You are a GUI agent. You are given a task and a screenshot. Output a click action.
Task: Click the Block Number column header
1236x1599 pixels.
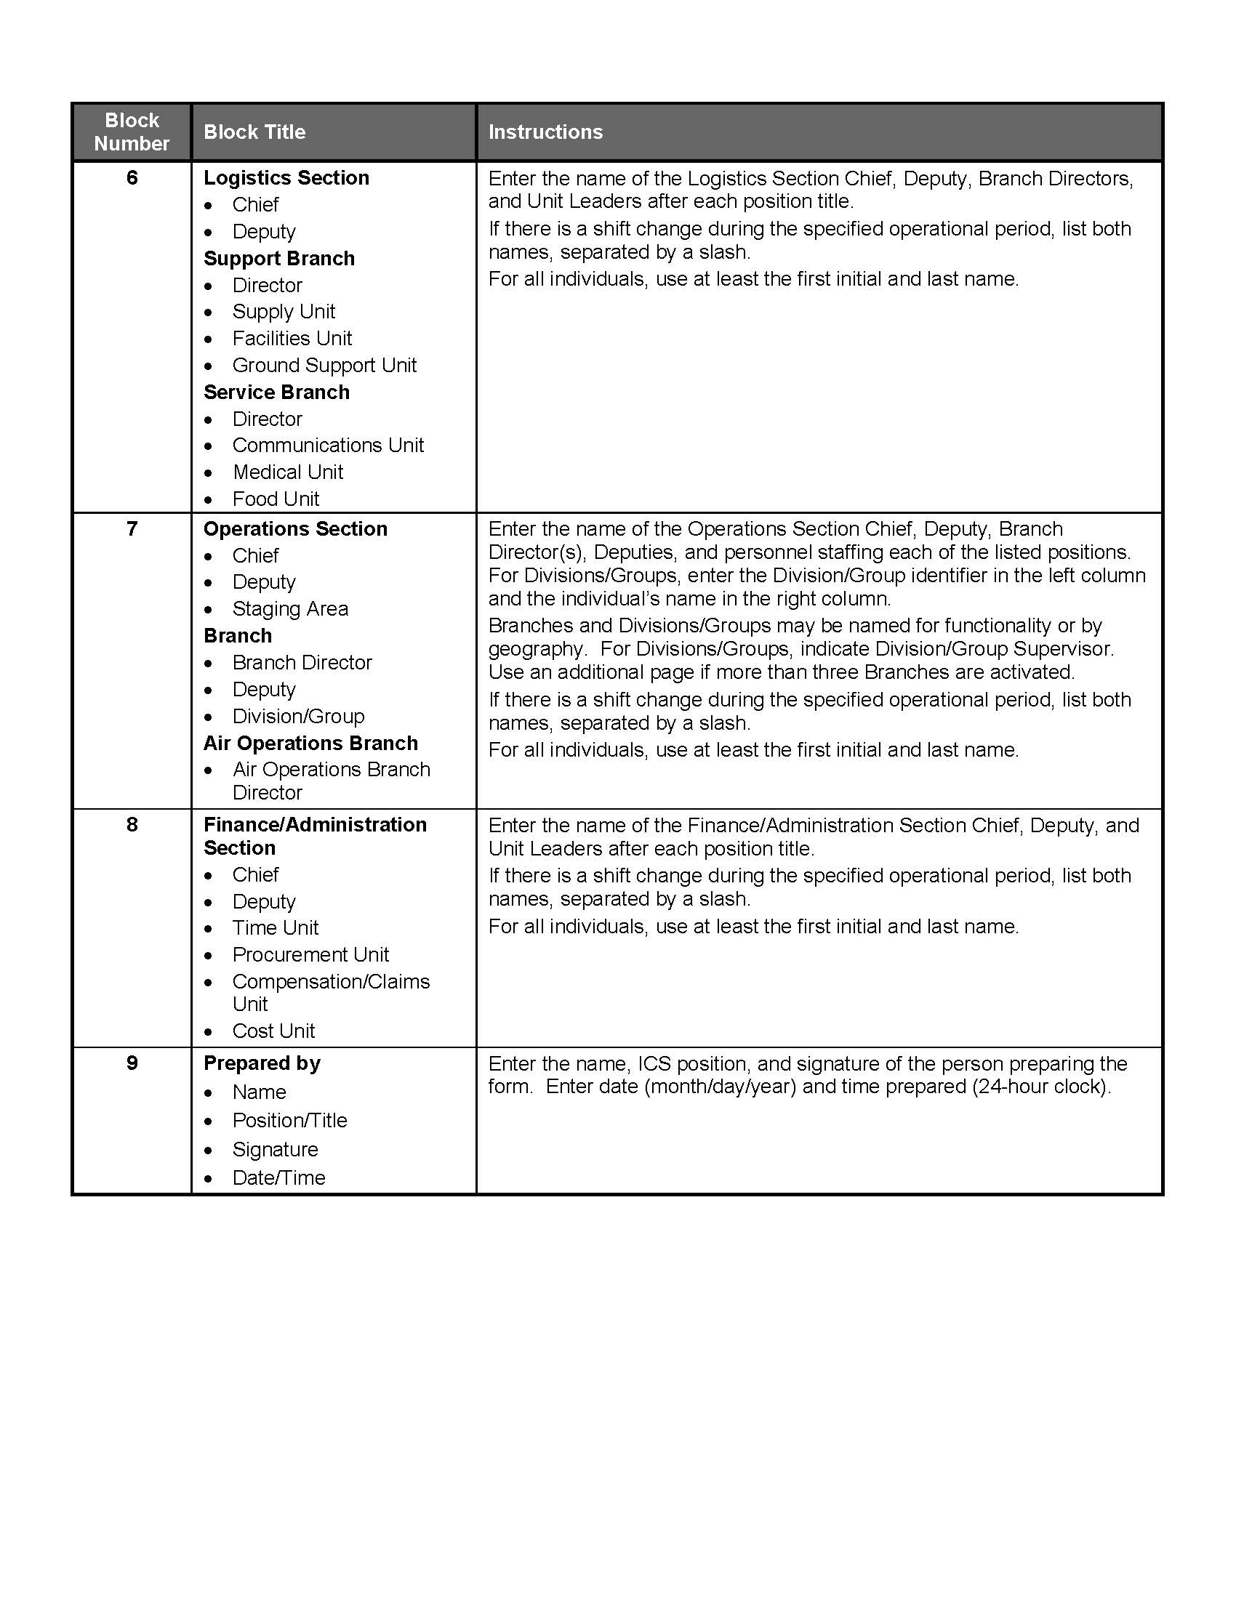[x=132, y=132]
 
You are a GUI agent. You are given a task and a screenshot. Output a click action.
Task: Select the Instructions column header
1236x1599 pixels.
[x=545, y=132]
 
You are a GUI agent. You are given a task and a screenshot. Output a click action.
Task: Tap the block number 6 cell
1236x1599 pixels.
[x=132, y=178]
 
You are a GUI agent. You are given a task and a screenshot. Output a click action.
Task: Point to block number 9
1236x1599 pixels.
[x=132, y=1063]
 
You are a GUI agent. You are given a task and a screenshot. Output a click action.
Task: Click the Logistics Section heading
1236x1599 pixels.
[x=286, y=178]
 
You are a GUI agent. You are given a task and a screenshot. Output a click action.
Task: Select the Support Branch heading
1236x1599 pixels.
[x=279, y=259]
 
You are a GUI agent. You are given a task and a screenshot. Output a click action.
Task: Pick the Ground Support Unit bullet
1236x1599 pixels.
[x=324, y=366]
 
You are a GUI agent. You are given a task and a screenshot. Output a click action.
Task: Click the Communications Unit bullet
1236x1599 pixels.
[x=328, y=445]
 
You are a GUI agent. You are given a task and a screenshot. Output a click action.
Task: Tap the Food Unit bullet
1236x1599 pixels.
[x=276, y=499]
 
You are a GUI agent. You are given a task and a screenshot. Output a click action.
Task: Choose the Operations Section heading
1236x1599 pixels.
[x=295, y=528]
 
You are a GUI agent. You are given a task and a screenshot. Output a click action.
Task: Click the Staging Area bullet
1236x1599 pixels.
[x=290, y=608]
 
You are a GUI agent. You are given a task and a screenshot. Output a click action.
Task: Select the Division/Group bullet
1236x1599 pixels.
[x=298, y=716]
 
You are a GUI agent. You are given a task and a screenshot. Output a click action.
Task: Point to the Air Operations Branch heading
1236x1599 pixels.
[x=310, y=743]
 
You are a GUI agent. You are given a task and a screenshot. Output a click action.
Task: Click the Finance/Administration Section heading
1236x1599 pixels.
[x=315, y=836]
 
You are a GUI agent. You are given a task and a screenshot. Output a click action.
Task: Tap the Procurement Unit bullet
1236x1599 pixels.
[x=310, y=955]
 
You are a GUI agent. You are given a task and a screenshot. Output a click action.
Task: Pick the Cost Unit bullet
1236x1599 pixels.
[x=273, y=1031]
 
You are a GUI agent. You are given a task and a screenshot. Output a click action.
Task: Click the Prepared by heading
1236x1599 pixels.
[x=262, y=1063]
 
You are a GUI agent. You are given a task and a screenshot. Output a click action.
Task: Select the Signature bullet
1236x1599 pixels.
[x=276, y=1150]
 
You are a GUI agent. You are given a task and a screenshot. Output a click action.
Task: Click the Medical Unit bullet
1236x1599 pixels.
[x=288, y=472]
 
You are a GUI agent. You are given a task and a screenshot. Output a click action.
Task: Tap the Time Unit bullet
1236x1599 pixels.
[x=276, y=927]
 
